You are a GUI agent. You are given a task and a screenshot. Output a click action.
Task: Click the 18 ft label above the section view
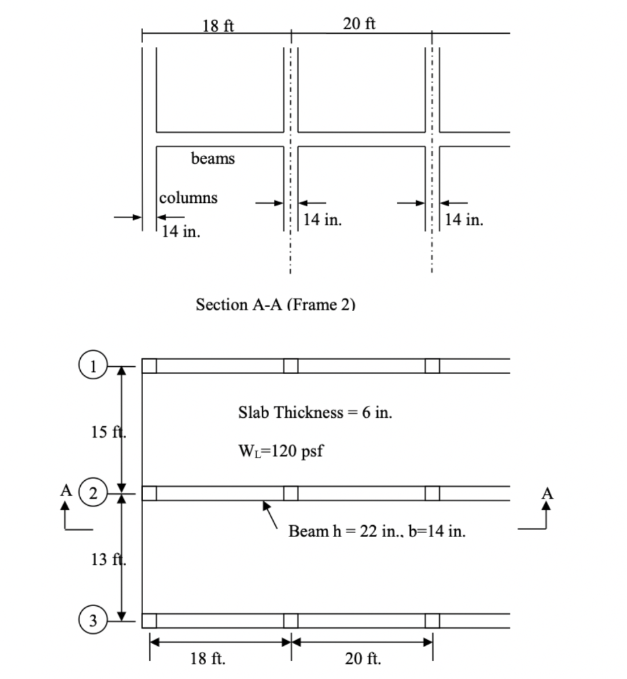tap(218, 26)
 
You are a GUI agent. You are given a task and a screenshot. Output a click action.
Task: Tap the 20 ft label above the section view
tap(359, 24)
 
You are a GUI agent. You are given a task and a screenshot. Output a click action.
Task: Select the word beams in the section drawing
tap(213, 159)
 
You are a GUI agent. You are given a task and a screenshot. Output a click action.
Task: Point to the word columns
tap(188, 198)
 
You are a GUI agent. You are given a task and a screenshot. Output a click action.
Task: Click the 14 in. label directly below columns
tap(182, 232)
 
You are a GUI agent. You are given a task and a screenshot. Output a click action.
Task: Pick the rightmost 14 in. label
tap(464, 219)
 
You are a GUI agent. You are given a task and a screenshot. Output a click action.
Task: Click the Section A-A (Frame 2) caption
tap(275, 304)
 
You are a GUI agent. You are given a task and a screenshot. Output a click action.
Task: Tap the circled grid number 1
tap(93, 365)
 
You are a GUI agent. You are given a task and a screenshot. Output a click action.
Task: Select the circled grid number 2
tap(93, 493)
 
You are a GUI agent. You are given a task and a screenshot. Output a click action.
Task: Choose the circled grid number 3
tap(93, 621)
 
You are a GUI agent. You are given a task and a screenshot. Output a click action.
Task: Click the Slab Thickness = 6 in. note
tap(315, 412)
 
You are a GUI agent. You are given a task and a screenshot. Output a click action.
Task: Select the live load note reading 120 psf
tap(280, 452)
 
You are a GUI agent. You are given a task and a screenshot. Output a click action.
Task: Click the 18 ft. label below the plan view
tap(207, 658)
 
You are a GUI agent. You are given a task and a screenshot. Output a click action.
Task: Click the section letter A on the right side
tap(547, 493)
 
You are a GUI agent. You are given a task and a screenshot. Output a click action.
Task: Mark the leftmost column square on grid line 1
tap(150, 365)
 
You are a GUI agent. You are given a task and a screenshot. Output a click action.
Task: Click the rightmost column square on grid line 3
tap(432, 621)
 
